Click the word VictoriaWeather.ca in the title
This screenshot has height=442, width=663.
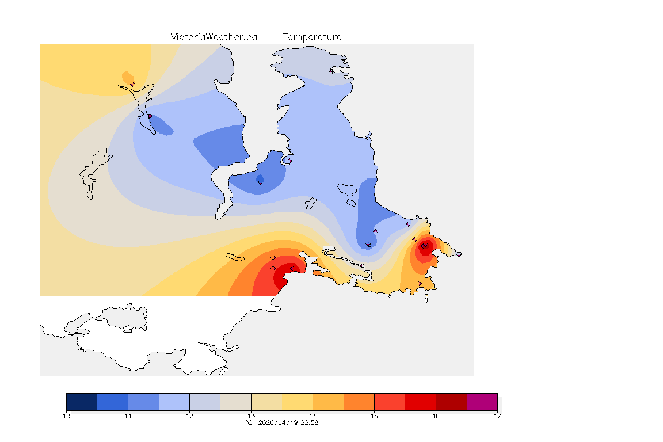pos(214,37)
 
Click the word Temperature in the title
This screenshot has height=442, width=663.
pos(312,37)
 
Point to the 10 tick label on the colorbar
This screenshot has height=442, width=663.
pos(67,416)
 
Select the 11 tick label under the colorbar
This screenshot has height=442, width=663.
pos(128,416)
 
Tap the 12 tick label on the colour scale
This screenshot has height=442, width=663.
pos(189,416)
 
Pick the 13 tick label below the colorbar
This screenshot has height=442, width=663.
pos(251,416)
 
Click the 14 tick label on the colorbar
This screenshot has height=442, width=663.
pos(313,416)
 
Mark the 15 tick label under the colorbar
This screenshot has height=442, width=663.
pos(374,416)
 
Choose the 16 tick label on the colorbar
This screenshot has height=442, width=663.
pos(436,416)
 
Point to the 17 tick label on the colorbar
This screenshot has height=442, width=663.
pos(497,416)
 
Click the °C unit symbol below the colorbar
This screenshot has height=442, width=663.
pos(249,422)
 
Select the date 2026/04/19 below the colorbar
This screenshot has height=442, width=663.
pos(279,422)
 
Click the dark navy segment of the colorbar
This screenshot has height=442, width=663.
pos(82,402)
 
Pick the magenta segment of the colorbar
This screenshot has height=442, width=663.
pos(482,402)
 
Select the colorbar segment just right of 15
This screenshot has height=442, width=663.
pos(390,402)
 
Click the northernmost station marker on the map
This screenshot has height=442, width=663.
pos(331,73)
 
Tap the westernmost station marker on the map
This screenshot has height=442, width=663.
pos(133,84)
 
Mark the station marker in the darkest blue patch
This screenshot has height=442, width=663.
pos(260,182)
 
